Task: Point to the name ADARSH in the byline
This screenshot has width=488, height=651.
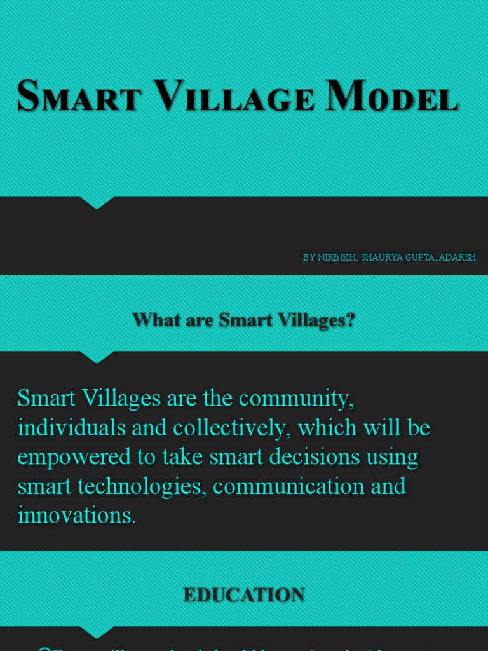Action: (x=457, y=257)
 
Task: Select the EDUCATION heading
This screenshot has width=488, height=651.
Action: (x=244, y=594)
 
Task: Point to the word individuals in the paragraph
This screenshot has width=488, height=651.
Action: (x=72, y=428)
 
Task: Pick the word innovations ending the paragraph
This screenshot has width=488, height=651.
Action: (x=76, y=516)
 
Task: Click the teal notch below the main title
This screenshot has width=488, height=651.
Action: (x=97, y=202)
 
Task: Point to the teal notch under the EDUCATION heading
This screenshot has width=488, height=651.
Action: (x=97, y=632)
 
